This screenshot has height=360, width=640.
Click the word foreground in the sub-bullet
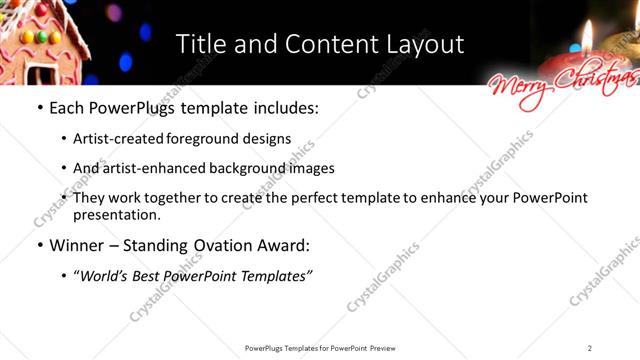tap(216, 139)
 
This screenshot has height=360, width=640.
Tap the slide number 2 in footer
tap(590, 348)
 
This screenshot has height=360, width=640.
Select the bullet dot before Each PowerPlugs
tap(39, 107)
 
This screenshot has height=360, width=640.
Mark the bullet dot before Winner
tap(39, 246)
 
